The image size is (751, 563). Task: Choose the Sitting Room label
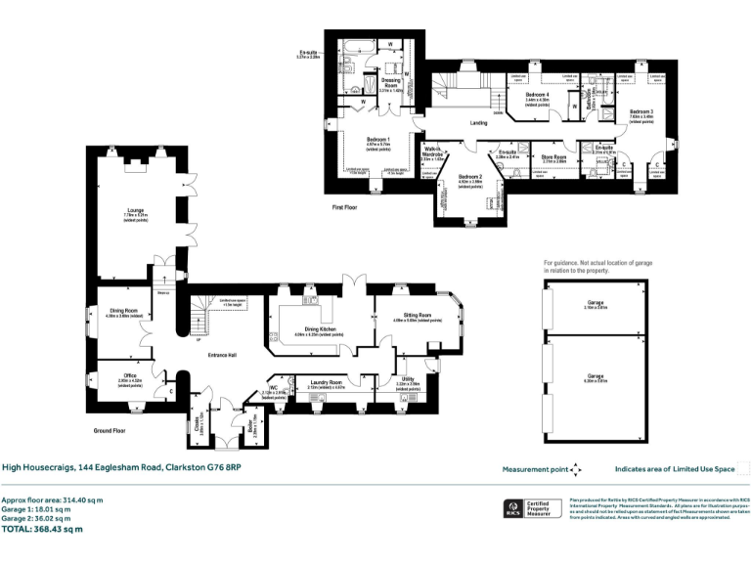[x=410, y=315]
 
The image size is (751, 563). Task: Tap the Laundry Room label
[x=326, y=381]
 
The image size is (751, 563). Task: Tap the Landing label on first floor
[x=478, y=123]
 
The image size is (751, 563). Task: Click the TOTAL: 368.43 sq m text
[x=43, y=529]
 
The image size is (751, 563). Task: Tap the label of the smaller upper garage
[x=595, y=303]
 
